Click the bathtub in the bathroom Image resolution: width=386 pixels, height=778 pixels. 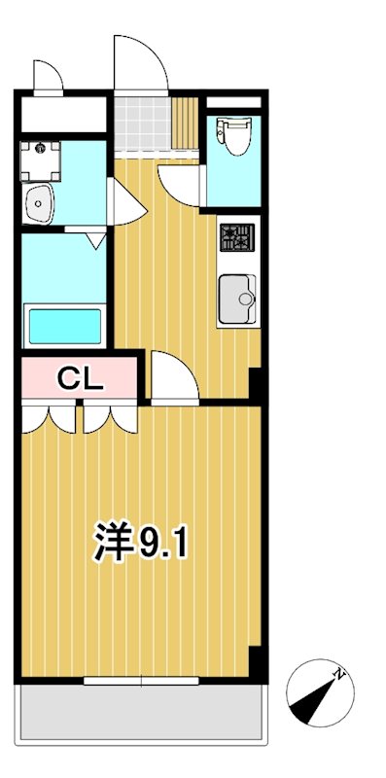(x=64, y=326)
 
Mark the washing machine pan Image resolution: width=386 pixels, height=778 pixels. (x=41, y=159)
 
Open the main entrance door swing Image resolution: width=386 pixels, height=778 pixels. (x=136, y=63)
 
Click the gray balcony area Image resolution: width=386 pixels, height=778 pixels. (x=141, y=718)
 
